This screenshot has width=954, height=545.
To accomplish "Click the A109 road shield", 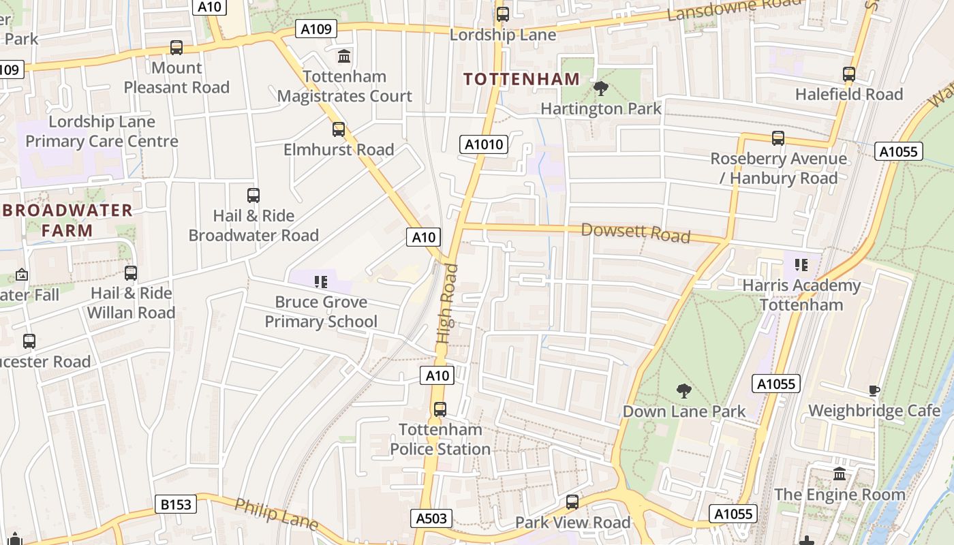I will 316,29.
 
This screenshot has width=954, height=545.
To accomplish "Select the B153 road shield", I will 176,505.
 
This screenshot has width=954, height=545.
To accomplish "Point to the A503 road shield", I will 432,518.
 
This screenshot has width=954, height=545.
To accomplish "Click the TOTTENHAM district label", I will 521,79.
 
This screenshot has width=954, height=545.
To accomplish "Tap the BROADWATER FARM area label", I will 67,220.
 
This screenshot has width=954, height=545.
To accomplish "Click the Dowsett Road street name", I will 635,232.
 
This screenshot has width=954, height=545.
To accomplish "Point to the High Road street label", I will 448,303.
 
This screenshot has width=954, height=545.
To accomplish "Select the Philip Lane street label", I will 276,514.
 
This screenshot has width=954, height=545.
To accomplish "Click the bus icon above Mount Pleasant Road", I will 176,48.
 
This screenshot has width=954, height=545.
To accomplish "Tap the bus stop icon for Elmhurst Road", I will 339,129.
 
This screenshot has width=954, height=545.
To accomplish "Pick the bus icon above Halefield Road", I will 848,74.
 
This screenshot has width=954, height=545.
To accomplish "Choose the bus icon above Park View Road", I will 572,502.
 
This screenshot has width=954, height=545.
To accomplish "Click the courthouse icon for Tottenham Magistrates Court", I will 344,56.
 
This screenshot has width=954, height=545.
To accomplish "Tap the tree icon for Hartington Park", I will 600,89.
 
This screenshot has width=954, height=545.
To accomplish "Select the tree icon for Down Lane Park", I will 683,391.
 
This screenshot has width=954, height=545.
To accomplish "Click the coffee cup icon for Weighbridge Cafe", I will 874,390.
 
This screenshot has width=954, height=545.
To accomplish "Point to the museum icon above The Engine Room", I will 840,473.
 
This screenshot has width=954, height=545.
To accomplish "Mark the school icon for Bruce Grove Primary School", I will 321,281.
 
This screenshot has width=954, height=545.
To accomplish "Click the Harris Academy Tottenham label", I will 801,294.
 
